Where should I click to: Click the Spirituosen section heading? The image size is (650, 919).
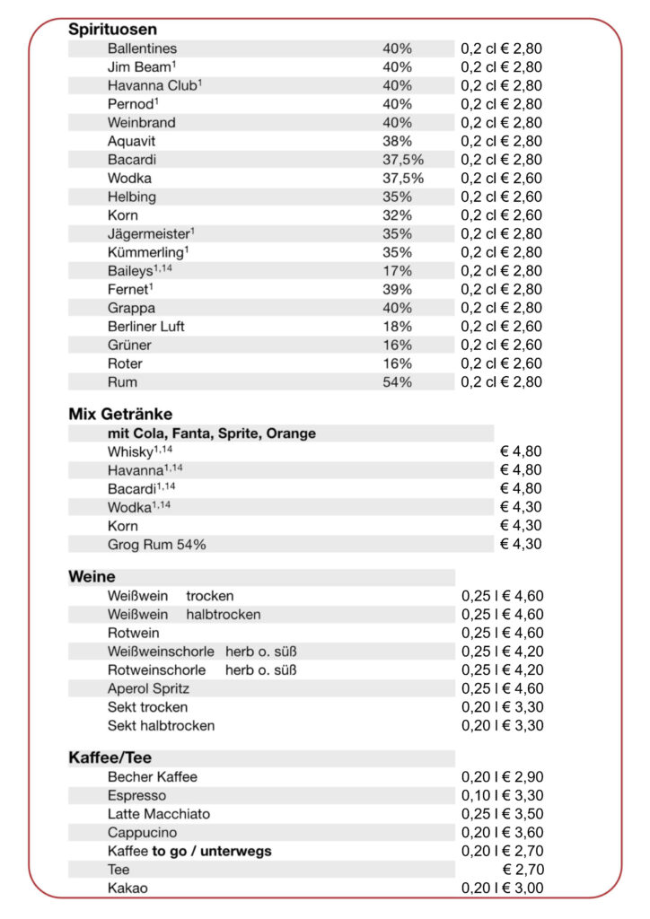(113, 30)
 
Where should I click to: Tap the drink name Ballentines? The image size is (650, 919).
(142, 48)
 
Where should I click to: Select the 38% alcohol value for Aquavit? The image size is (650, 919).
(397, 141)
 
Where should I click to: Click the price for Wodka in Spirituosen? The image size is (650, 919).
(502, 179)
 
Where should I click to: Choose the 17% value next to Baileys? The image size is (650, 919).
(397, 271)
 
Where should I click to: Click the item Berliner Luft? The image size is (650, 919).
(145, 327)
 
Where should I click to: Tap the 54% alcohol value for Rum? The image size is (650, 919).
(397, 382)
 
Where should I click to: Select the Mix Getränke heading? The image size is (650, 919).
(120, 414)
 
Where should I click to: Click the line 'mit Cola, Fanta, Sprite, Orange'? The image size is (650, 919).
(211, 433)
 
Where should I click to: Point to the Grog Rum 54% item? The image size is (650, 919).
(157, 545)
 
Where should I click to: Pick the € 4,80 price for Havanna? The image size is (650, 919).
(521, 470)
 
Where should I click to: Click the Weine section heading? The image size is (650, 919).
(92, 576)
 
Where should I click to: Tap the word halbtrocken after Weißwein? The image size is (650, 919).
(224, 615)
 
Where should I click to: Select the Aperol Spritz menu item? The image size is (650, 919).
(148, 689)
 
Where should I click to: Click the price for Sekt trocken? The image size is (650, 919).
(502, 707)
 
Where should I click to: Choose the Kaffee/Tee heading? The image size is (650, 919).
(110, 758)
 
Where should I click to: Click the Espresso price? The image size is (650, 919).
(502, 796)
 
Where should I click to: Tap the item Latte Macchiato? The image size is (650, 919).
(159, 814)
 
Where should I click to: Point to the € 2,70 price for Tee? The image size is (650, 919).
(523, 870)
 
